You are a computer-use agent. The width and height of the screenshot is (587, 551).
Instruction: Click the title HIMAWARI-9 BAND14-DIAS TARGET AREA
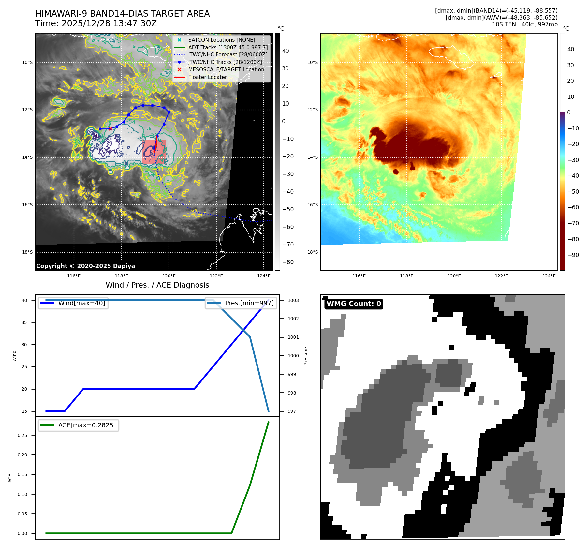pos(122,14)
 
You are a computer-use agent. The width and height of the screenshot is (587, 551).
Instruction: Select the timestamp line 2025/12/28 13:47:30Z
pos(109,23)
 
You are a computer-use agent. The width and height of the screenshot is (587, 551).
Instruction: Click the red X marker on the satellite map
pos(110,128)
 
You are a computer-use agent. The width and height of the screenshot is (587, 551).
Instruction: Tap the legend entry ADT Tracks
pos(228,47)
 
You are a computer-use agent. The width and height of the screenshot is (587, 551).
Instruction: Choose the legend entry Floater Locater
pos(207,77)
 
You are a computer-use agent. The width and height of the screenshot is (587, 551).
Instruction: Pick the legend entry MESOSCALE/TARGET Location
pos(226,69)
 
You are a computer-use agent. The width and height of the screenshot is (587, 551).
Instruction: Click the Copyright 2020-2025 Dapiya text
pos(85,266)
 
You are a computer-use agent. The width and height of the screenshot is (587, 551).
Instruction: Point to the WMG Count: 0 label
pos(354,304)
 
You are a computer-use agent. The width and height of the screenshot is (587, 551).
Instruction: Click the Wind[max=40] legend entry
pos(81,303)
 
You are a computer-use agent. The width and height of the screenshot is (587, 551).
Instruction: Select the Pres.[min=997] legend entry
pos(249,303)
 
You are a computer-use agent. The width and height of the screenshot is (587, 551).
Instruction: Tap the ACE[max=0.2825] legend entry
pos(87,425)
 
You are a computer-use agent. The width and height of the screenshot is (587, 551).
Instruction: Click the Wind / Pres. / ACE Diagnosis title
pos(157,285)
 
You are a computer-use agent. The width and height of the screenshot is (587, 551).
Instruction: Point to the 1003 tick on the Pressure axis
pos(293,300)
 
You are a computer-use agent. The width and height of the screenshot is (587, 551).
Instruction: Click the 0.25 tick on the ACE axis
pos(22,435)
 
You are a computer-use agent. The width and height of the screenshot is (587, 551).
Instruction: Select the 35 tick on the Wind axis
pos(24,322)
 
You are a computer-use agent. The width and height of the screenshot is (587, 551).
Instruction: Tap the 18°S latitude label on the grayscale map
pos(27,252)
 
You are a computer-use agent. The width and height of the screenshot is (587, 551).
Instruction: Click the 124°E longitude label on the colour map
pos(549,276)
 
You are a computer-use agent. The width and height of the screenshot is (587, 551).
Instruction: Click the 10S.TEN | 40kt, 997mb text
pos(524,24)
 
